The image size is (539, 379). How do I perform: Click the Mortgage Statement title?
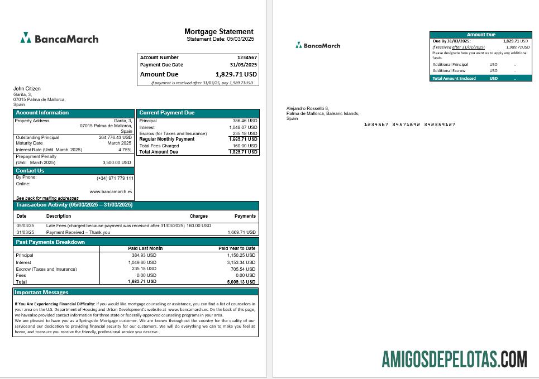pyautogui.click(x=218, y=32)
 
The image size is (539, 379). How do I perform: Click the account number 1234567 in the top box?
pyautogui.click(x=247, y=57)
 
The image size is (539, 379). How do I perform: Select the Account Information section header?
pyautogui.click(x=42, y=113)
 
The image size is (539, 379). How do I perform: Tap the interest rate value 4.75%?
pyautogui.click(x=125, y=150)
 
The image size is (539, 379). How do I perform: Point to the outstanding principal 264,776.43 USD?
pyautogui.click(x=115, y=137)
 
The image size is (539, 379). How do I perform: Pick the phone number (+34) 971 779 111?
pyautogui.click(x=115, y=178)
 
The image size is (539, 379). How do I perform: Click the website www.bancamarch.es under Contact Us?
pyautogui.click(x=111, y=191)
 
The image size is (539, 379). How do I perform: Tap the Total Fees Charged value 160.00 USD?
pyautogui.click(x=245, y=146)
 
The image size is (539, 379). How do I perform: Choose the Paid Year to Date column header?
pyautogui.click(x=236, y=248)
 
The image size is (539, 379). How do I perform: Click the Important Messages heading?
pyautogui.click(x=41, y=292)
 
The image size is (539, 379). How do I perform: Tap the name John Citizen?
pyautogui.click(x=27, y=89)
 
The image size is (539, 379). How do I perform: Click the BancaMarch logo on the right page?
pyautogui.click(x=318, y=46)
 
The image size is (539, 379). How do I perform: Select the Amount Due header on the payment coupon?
pyautogui.click(x=480, y=35)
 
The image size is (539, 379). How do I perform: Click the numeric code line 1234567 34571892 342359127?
pyautogui.click(x=409, y=124)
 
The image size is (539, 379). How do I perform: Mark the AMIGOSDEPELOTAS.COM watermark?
pyautogui.click(x=454, y=359)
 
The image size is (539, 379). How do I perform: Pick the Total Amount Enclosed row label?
pyautogui.click(x=454, y=79)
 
